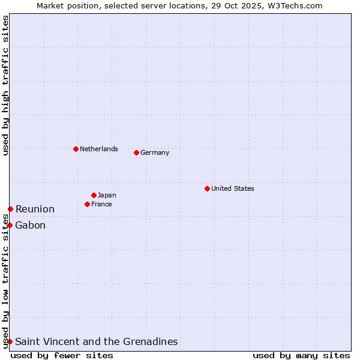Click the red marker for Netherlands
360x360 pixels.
[76, 149]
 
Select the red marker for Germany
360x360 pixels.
[136, 152]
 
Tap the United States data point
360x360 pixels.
[207, 188]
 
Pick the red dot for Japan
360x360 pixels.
[94, 195]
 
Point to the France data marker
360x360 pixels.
[87, 204]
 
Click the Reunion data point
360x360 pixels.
[10, 209]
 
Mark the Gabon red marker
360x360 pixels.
[10, 225]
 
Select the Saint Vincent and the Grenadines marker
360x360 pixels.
[10, 341]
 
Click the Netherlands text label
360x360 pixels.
[99, 149]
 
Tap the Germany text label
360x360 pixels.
[155, 152]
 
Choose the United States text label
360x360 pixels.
[233, 188]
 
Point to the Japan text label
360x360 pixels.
[107, 195]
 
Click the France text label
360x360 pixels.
[101, 204]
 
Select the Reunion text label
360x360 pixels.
[35, 209]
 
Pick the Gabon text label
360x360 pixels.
[31, 225]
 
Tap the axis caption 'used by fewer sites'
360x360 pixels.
[62, 355]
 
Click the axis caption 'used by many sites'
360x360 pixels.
[301, 355]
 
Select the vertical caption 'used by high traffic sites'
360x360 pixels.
[5, 85]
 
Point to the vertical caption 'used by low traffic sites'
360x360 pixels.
[5, 282]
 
